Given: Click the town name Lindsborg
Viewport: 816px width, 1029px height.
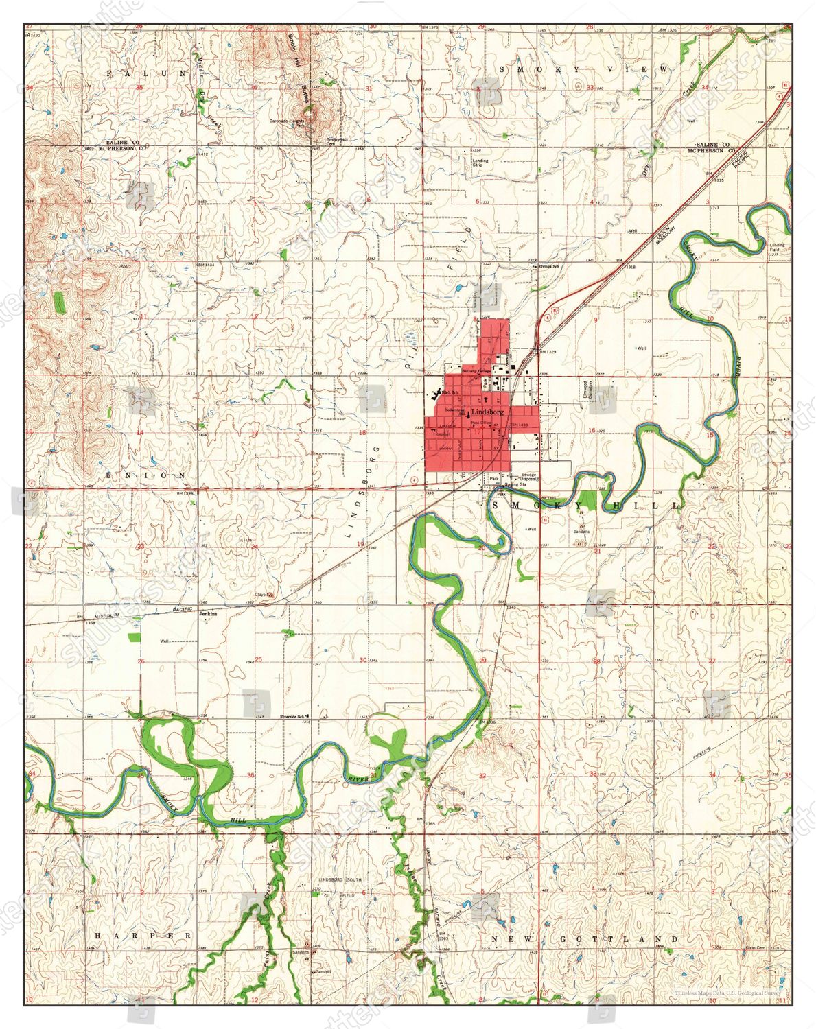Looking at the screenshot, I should tap(488, 412).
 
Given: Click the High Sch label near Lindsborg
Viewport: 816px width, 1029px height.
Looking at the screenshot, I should tap(450, 392).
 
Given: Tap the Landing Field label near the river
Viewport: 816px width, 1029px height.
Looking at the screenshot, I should tap(777, 248).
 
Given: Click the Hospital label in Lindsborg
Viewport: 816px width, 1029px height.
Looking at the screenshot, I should tap(441, 434).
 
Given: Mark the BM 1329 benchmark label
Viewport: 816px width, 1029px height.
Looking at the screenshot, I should tap(547, 351).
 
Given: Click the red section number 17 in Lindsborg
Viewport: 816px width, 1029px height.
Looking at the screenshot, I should tap(475, 432).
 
